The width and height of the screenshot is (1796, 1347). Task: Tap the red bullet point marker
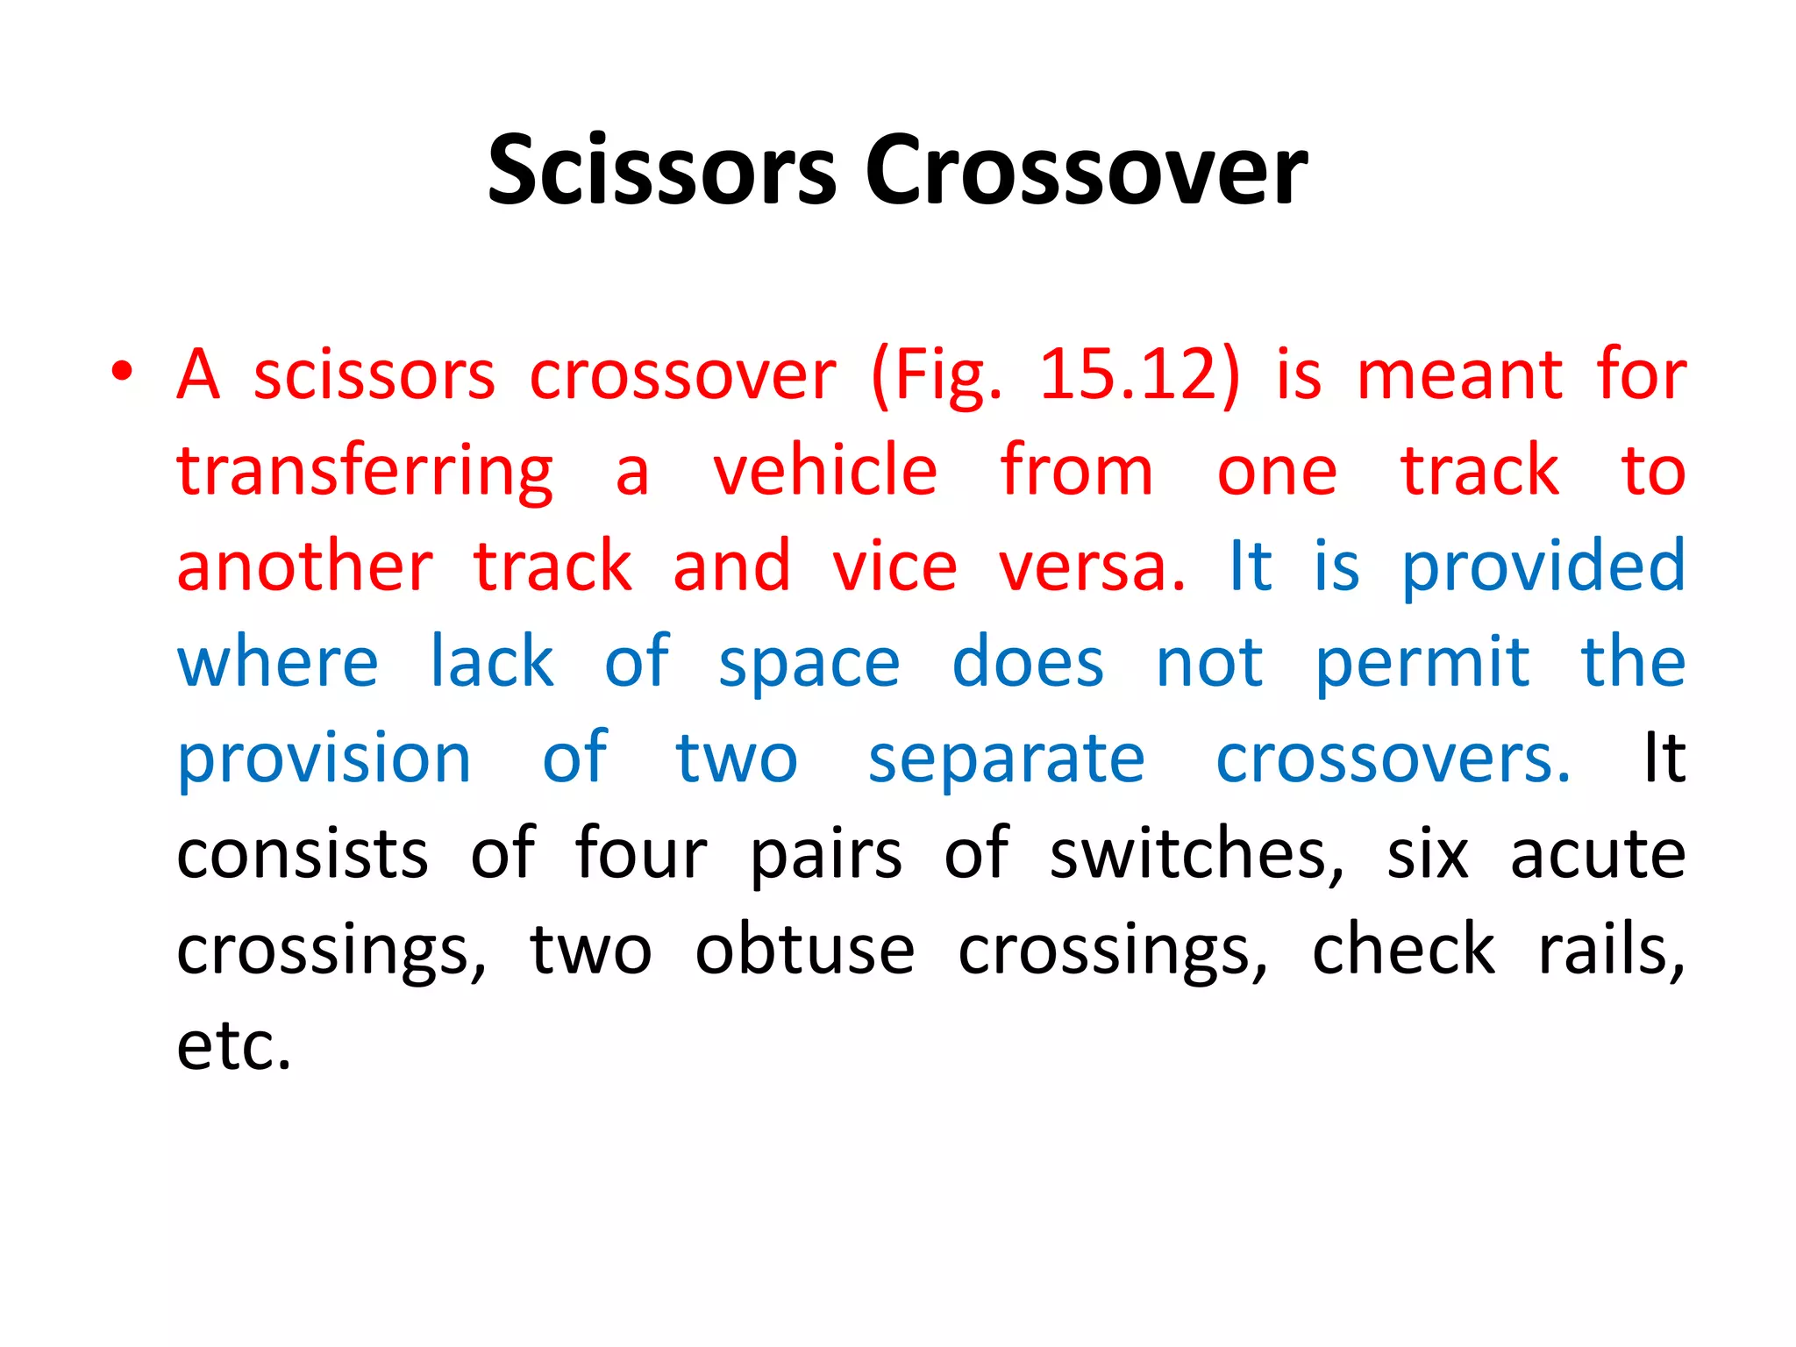pyautogui.click(x=122, y=371)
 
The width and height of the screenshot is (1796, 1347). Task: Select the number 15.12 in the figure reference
pyautogui.click(x=1139, y=375)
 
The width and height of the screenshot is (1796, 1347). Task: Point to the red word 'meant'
pyautogui.click(x=1460, y=375)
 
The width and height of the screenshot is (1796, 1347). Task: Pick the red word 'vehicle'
pyautogui.click(x=825, y=470)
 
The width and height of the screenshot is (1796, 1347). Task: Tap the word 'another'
pyautogui.click(x=304, y=567)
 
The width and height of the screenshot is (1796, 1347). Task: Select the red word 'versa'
pyautogui.click(x=1091, y=567)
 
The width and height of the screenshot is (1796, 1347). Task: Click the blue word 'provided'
pyautogui.click(x=1543, y=567)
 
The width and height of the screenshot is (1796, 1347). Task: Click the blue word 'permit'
pyautogui.click(x=1422, y=665)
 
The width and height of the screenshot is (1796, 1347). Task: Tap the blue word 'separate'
pyautogui.click(x=1006, y=761)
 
